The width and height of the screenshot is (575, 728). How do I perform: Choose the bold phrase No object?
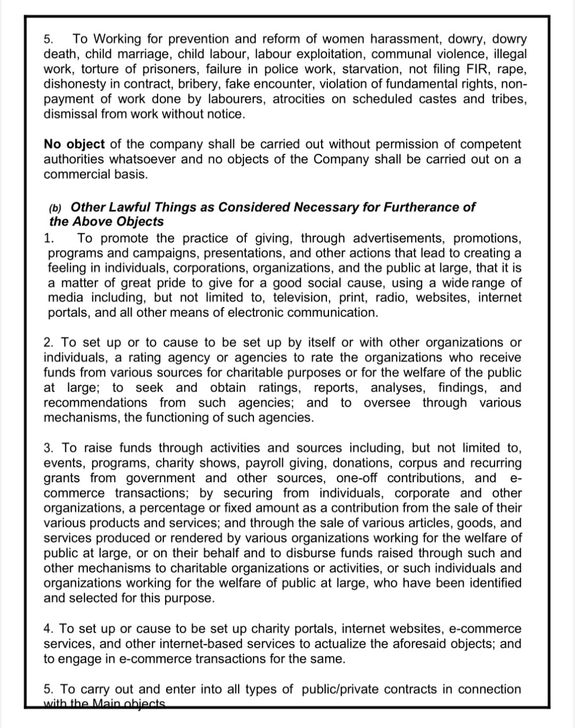(x=75, y=144)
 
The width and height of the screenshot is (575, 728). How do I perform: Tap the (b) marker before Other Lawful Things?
(x=55, y=208)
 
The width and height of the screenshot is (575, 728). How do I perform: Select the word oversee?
(x=387, y=403)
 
